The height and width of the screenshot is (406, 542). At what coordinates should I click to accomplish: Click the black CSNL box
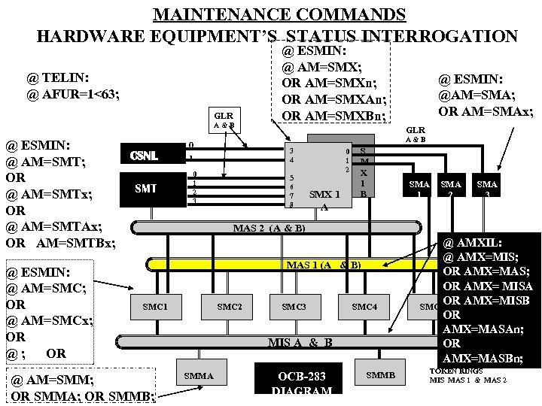pos(144,156)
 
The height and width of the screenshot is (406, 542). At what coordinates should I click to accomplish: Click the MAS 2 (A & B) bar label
pos(269,227)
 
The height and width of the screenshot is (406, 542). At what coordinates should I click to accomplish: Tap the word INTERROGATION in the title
pos(440,36)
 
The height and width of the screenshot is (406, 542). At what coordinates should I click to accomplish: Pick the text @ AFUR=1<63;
pos(73,95)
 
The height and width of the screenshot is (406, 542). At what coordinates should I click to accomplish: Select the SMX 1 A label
pos(327,200)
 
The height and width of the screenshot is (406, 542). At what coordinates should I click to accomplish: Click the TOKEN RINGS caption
pos(455,371)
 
